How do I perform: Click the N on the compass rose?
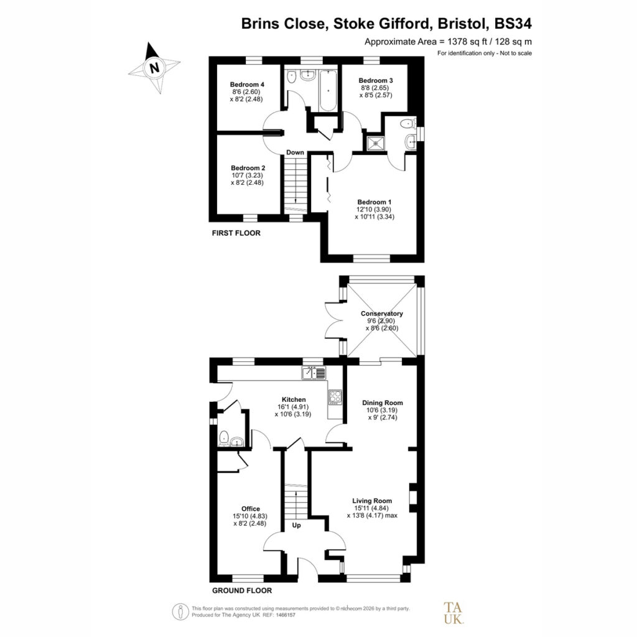pos(154,67)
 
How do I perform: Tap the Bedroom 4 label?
pos(247,85)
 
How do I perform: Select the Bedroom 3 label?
pos(376,80)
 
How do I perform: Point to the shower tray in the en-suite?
pos(375,142)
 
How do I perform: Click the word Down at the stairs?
pos(295,152)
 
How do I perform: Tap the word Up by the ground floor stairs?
pos(297,525)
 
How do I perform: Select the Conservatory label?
pos(382,314)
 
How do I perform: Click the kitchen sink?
pos(314,373)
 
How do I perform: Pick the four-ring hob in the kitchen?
pos(335,397)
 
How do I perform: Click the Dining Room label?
pos(383,403)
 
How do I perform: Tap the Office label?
pos(251,509)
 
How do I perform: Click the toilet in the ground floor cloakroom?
pos(224,438)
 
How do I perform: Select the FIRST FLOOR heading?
pos(236,233)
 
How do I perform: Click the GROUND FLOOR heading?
pos(242,591)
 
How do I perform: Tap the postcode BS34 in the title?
pos(513,24)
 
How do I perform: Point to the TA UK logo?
pos(453,613)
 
